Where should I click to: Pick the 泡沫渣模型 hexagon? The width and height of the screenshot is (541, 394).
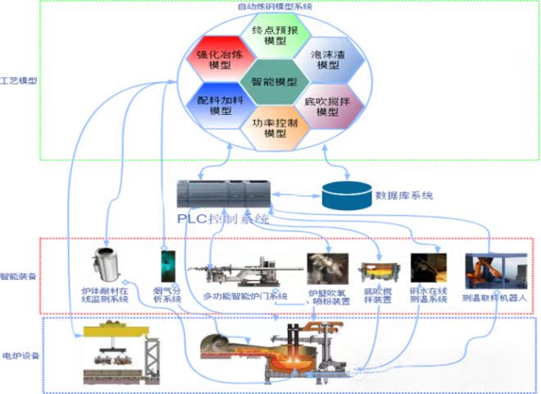pyautogui.click(x=327, y=59)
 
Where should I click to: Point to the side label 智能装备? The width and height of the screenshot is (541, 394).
pyautogui.click(x=18, y=276)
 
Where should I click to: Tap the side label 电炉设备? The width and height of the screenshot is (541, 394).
pyautogui.click(x=20, y=355)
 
